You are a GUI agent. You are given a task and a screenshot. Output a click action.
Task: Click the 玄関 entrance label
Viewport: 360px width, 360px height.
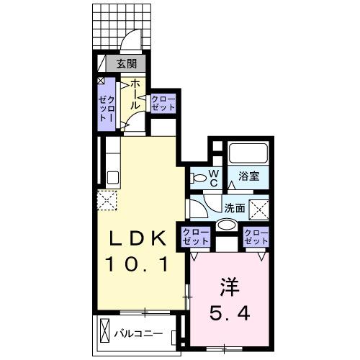tap(127, 64)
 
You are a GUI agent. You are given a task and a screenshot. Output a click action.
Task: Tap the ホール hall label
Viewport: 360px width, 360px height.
tap(135, 94)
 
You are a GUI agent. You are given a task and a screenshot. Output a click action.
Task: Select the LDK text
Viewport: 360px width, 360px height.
tap(138, 238)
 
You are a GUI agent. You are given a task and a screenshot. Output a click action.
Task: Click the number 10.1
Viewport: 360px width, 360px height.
tap(138, 264)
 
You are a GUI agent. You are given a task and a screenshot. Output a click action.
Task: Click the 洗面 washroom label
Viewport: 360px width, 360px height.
tap(234, 208)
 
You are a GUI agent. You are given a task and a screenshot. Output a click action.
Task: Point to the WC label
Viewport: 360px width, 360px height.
tap(215, 177)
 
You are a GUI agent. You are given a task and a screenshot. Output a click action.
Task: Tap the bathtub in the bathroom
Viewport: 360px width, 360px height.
tap(248, 154)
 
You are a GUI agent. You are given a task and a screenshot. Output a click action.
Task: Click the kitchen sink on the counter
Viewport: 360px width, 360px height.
tap(112, 177)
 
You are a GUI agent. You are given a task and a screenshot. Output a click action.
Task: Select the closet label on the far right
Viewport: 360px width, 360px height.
tap(256, 236)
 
